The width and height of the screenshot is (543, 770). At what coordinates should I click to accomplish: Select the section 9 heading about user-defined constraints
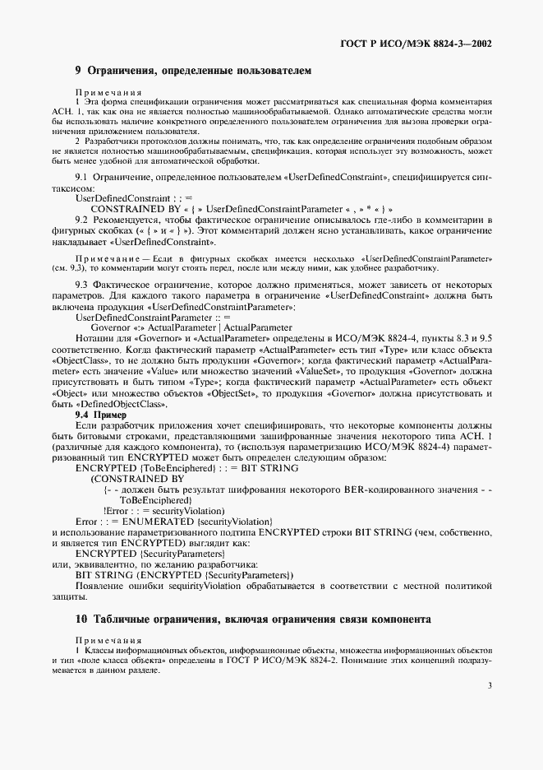(x=193, y=72)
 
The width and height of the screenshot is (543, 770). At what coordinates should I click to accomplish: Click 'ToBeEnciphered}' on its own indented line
(x=156, y=499)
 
